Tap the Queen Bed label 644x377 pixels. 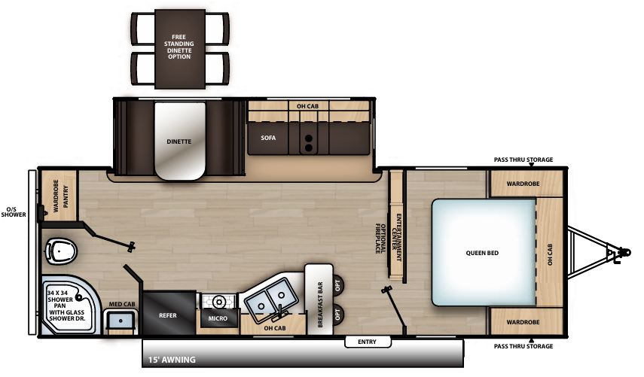point(482,253)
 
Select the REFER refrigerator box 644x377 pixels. point(167,315)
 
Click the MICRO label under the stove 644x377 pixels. point(218,318)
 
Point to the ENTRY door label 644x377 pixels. point(367,342)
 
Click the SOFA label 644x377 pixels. point(269,138)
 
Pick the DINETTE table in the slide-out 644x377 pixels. point(179,141)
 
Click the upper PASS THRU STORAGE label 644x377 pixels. point(523,160)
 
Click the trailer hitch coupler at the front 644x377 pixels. point(622,252)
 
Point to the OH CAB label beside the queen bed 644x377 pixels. point(550,254)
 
